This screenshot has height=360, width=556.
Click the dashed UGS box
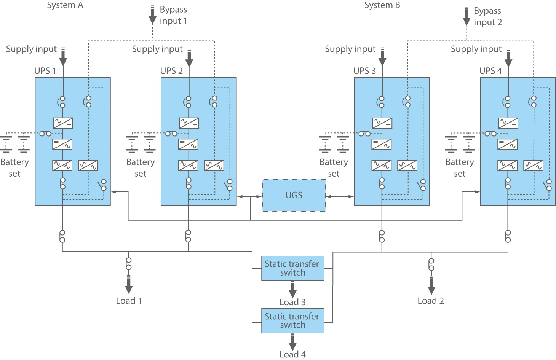(x=294, y=195)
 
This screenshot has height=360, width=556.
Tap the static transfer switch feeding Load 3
(x=292, y=268)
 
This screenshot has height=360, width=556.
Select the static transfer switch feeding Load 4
(x=292, y=321)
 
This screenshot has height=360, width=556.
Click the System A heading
(x=65, y=5)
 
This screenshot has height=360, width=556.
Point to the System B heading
(x=382, y=5)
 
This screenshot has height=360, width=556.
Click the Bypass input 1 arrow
(x=152, y=16)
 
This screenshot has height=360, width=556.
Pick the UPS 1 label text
(x=45, y=71)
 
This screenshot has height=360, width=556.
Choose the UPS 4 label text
(x=490, y=71)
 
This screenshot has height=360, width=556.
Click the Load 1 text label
(x=129, y=301)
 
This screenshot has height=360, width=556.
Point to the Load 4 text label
(x=292, y=355)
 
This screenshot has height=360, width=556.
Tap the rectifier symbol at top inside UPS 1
(x=63, y=123)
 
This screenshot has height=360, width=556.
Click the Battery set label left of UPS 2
(x=141, y=168)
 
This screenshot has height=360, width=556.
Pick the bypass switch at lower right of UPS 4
(x=547, y=185)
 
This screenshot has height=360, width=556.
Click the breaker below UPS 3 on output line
(x=382, y=236)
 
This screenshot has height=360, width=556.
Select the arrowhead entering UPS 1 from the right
(x=114, y=192)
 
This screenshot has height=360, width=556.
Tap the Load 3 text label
(x=292, y=303)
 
